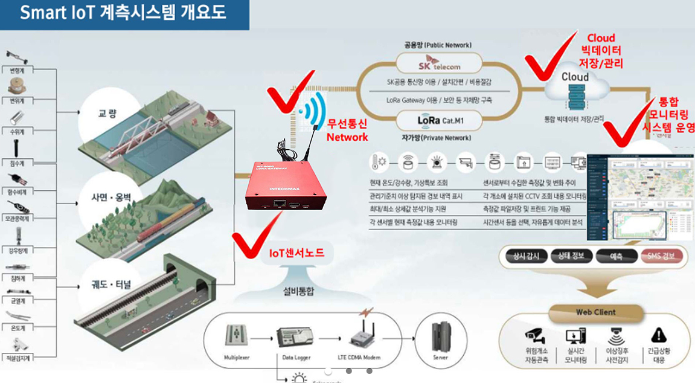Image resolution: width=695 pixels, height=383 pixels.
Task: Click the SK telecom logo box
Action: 439,63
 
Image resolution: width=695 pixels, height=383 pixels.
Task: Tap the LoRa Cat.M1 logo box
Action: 439,121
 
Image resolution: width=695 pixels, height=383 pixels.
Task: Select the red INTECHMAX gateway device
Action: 281,188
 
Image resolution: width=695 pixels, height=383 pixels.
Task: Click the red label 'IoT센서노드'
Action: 296,254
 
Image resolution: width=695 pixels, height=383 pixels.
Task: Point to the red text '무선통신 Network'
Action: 347,130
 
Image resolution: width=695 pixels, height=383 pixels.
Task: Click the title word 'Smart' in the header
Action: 43,13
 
